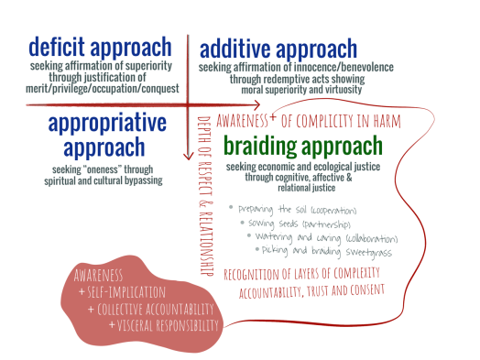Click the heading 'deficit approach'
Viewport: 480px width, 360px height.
click(x=99, y=46)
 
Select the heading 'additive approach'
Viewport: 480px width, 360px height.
click(x=278, y=48)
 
